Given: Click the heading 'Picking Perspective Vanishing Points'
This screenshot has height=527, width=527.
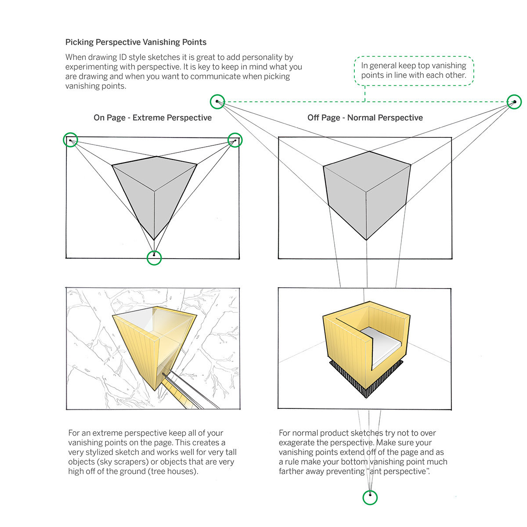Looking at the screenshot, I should (136, 42).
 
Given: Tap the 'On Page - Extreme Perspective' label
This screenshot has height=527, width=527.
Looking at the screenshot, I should (152, 118).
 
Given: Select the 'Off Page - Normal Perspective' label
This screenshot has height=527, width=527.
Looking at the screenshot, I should (365, 118).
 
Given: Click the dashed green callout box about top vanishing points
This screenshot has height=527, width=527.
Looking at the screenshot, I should (414, 70).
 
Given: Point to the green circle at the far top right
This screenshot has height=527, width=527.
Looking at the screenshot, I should (514, 102).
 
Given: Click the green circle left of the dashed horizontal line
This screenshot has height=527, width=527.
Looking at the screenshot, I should (217, 102).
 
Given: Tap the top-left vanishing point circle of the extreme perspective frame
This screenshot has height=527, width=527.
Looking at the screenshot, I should (70, 140).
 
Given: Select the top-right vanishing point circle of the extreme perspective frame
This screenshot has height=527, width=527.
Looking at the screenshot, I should (235, 140).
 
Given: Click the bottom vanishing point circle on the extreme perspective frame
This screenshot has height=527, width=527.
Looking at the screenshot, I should (154, 258).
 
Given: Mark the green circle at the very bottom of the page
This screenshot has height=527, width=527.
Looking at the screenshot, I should (370, 497).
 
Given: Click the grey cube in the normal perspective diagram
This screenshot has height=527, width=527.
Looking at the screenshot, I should (367, 193).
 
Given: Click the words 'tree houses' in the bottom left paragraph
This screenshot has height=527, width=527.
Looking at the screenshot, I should (173, 472).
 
